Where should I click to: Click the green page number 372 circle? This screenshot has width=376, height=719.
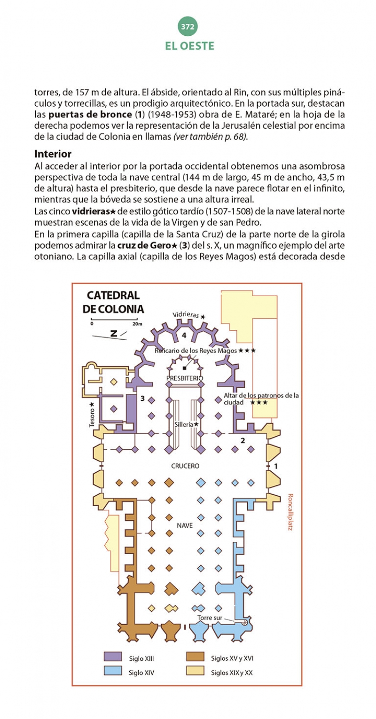pyautogui.click(x=188, y=27)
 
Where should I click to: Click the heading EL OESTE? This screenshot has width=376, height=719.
pyautogui.click(x=189, y=46)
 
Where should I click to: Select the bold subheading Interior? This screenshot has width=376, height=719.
pyautogui.click(x=53, y=154)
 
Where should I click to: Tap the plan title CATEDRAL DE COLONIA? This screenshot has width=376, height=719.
pyautogui.click(x=113, y=302)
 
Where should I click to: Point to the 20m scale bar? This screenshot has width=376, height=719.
pyautogui.click(x=114, y=320)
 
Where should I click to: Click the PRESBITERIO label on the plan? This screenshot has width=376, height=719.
pyautogui.click(x=185, y=378)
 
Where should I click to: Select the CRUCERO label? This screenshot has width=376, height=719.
pyautogui.click(x=185, y=466)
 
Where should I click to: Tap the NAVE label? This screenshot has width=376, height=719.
pyautogui.click(x=185, y=525)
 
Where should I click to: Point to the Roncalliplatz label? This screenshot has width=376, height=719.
pyautogui.click(x=290, y=512)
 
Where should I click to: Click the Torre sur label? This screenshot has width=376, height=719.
pyautogui.click(x=210, y=617)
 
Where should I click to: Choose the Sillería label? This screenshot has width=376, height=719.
pyautogui.click(x=184, y=424)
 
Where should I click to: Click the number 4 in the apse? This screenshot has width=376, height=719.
pyautogui.click(x=184, y=336)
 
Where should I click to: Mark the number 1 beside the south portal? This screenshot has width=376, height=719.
pyautogui.click(x=276, y=466)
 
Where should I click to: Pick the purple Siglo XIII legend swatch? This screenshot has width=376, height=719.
pyautogui.click(x=113, y=656)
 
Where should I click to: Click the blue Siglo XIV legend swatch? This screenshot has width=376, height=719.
pyautogui.click(x=113, y=671)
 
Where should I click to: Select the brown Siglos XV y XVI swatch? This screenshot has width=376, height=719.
pyautogui.click(x=195, y=656)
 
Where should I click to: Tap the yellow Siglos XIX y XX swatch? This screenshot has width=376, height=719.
pyautogui.click(x=195, y=671)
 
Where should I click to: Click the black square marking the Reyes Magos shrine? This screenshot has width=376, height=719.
pyautogui.click(x=185, y=368)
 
